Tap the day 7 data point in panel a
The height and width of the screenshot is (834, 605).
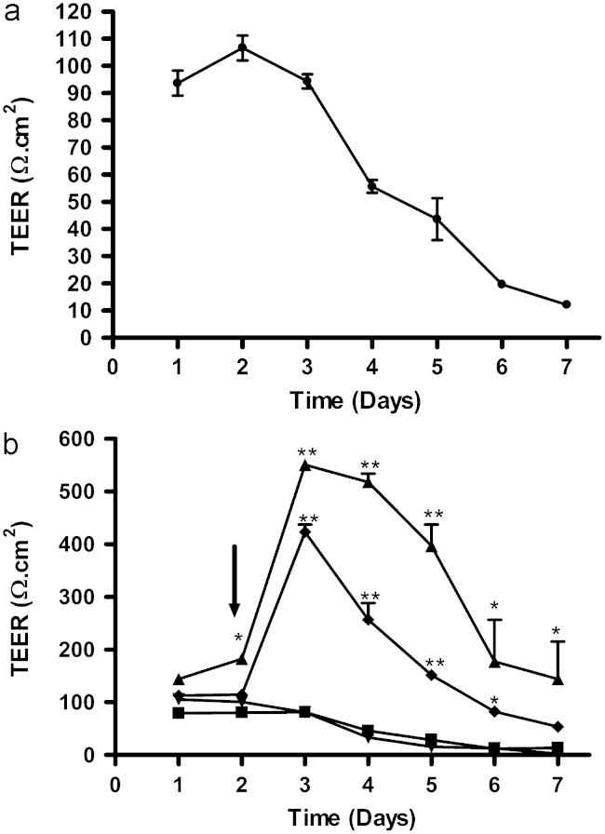pyautogui.click(x=566, y=304)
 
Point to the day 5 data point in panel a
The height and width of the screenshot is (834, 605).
pyautogui.click(x=437, y=219)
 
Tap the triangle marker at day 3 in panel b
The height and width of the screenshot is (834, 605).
pyautogui.click(x=307, y=464)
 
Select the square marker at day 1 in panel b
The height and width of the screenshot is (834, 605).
pyautogui.click(x=178, y=713)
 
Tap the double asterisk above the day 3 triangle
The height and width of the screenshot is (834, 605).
pyautogui.click(x=307, y=453)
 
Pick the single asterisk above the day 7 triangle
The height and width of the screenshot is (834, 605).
pyautogui.click(x=556, y=633)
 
